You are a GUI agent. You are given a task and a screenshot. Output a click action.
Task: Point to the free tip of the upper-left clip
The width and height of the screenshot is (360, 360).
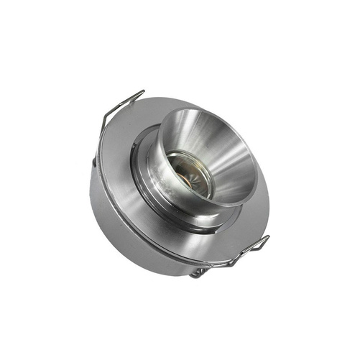tap(142, 91)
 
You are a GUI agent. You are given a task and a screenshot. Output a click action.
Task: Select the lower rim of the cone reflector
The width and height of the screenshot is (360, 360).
tap(223, 205)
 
